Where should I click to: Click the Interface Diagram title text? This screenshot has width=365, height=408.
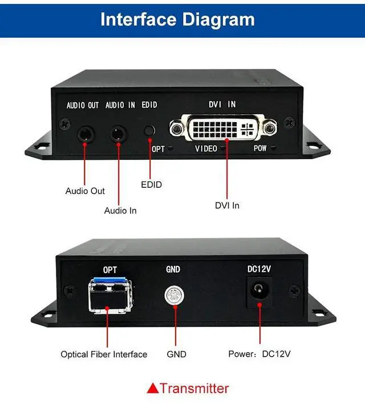(177, 19)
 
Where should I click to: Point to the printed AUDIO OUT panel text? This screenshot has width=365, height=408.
(83, 106)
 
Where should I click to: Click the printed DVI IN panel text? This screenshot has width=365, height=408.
(222, 104)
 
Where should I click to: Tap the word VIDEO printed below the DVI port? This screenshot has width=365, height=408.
(206, 149)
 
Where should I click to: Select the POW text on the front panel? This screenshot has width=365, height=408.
(260, 149)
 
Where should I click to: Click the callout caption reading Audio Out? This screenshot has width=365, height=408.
(85, 191)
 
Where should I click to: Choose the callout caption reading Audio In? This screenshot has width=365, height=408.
(120, 211)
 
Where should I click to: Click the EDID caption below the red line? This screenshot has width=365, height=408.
(151, 184)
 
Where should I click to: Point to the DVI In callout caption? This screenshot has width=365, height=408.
(227, 205)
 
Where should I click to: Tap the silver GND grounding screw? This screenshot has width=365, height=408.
(172, 295)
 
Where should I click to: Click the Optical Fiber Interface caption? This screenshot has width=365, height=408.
(104, 354)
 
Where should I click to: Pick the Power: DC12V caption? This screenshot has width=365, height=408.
(259, 354)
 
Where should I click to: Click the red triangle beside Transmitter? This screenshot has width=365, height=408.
(153, 389)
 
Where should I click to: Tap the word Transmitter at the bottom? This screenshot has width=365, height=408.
(194, 389)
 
